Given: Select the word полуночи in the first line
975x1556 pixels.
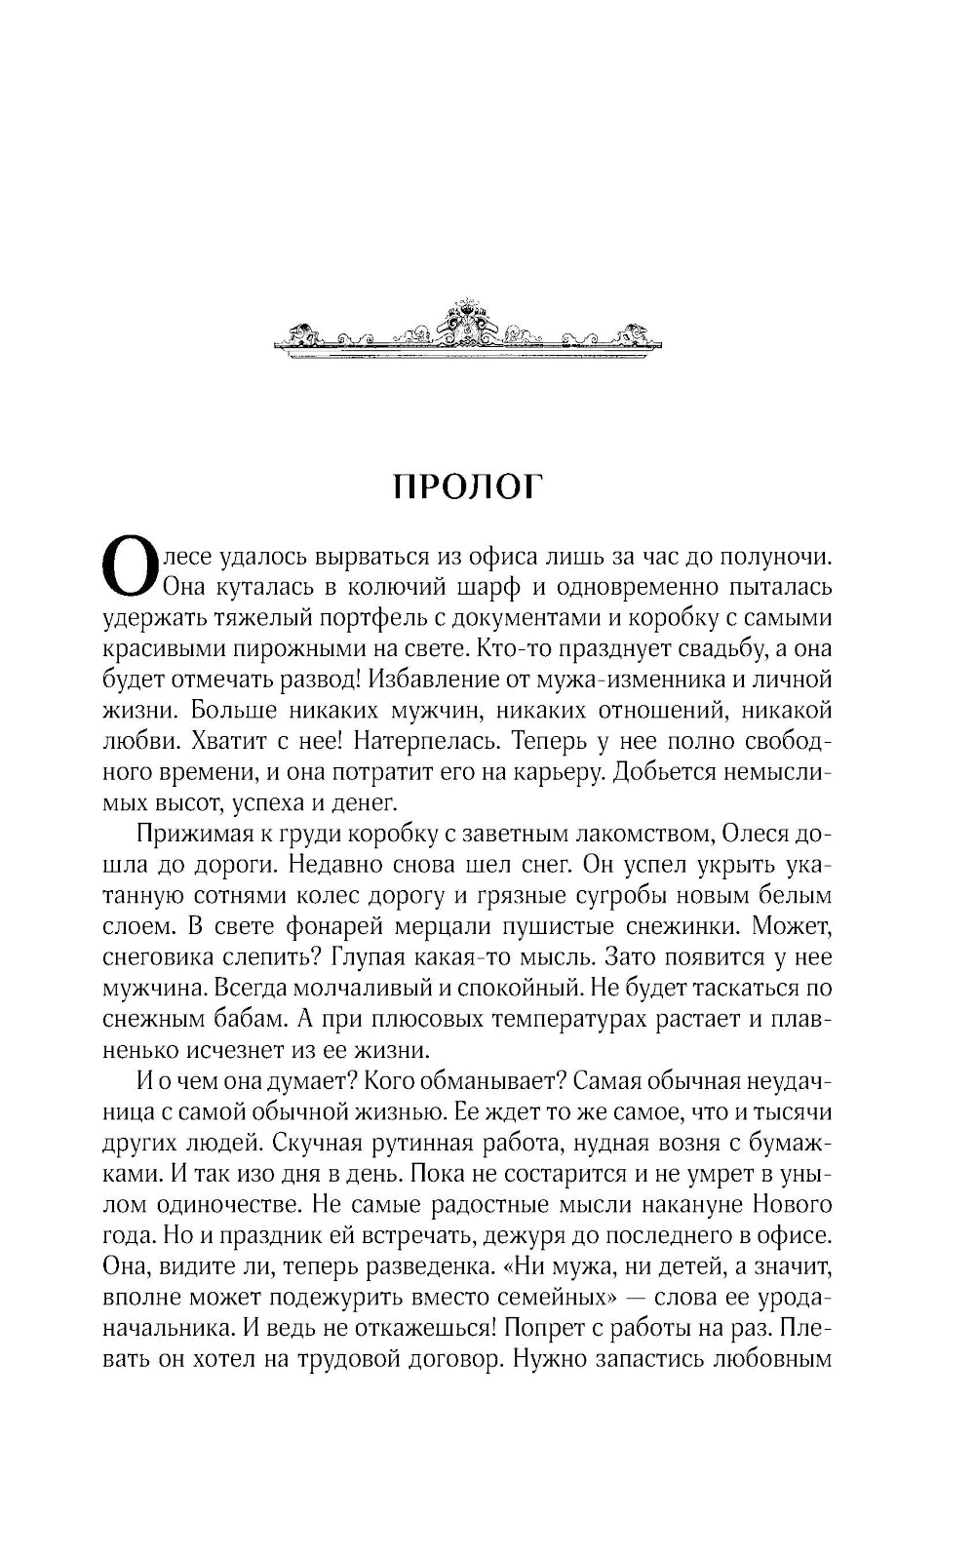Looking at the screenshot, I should tap(775, 558).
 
